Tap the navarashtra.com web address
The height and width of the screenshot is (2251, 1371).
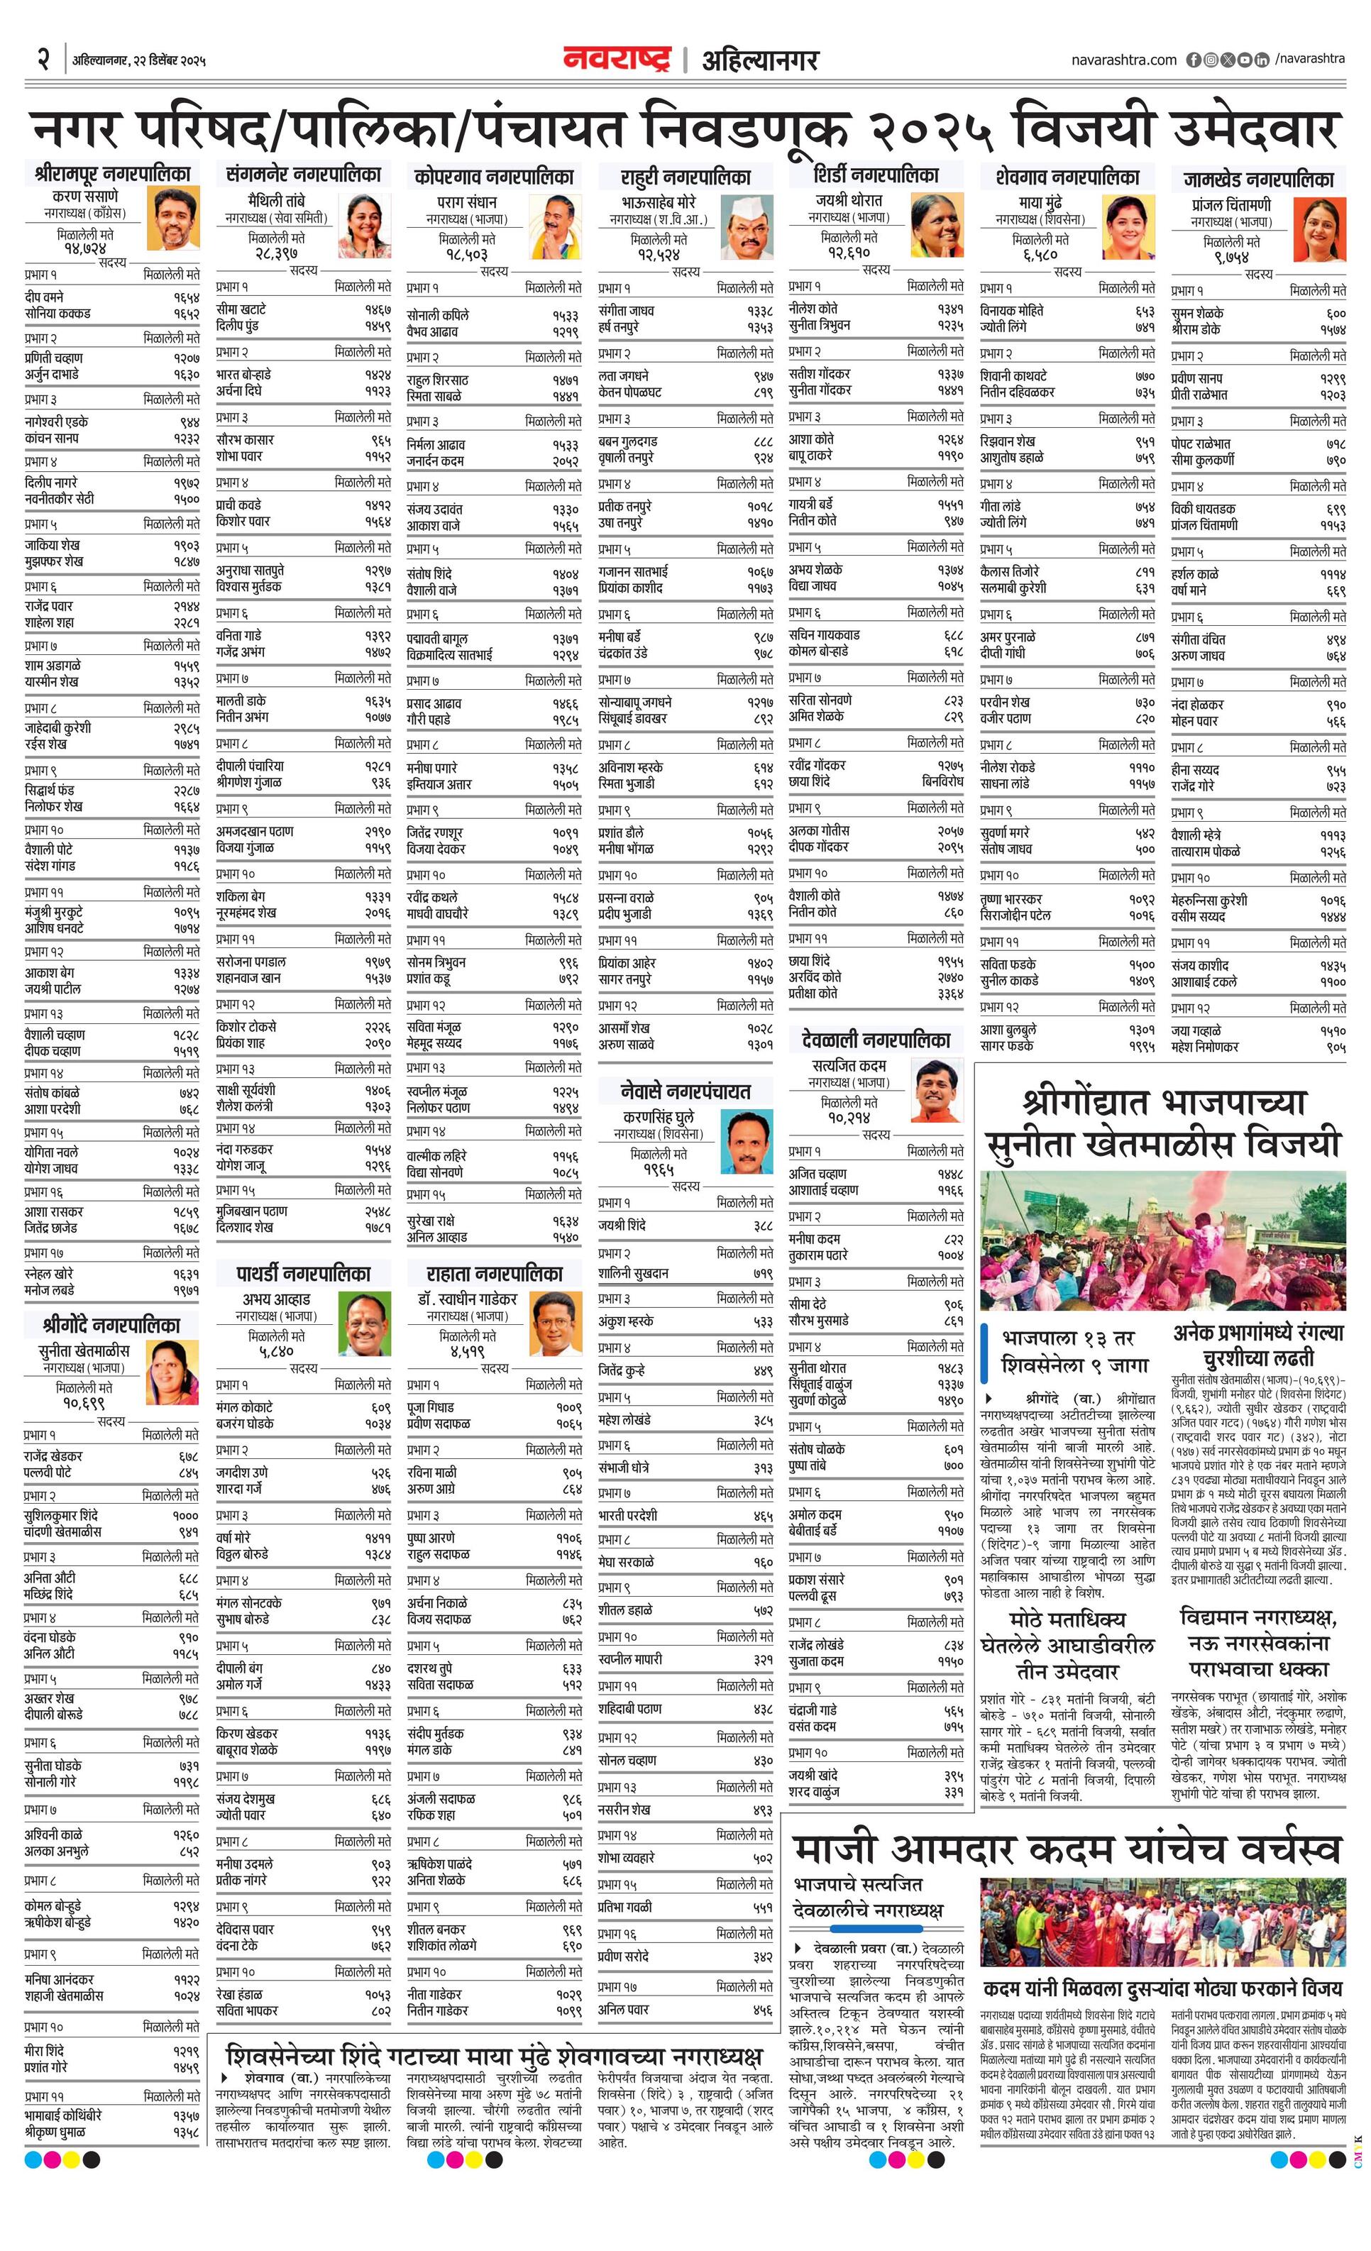[x=1123, y=60]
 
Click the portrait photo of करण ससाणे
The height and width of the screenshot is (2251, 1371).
[x=172, y=219]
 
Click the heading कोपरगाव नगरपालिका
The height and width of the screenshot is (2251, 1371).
[x=493, y=176]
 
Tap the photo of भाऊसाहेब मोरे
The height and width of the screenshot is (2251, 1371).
[x=747, y=229]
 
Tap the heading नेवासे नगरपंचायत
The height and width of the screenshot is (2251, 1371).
[x=685, y=1091]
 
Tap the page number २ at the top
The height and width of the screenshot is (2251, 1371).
[x=43, y=60]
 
